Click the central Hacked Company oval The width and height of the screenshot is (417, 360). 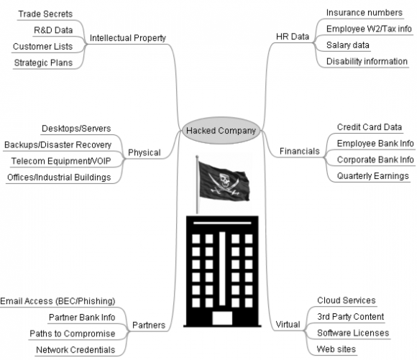(221, 130)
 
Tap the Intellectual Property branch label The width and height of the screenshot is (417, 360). (128, 38)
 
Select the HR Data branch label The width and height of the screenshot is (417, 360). (293, 37)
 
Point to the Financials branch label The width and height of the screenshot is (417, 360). (300, 151)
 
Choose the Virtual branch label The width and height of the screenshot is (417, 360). (288, 324)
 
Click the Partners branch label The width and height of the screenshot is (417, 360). (149, 325)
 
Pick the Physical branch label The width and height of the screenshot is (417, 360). (144, 152)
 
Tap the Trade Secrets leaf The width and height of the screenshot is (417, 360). (45, 14)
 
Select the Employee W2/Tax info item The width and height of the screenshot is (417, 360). (369, 29)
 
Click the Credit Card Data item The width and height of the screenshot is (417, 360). (370, 127)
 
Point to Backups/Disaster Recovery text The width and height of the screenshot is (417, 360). (58, 145)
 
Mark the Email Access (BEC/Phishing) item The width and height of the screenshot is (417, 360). (58, 301)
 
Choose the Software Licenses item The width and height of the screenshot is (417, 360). (353, 333)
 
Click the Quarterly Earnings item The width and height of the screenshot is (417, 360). (373, 176)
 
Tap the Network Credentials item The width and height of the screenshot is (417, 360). (75, 350)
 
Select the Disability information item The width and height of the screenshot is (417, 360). (367, 61)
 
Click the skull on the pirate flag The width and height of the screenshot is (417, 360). (224, 180)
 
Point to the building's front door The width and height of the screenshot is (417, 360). (222, 318)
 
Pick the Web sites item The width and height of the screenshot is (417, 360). (336, 349)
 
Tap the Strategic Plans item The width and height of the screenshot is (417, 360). (43, 63)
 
